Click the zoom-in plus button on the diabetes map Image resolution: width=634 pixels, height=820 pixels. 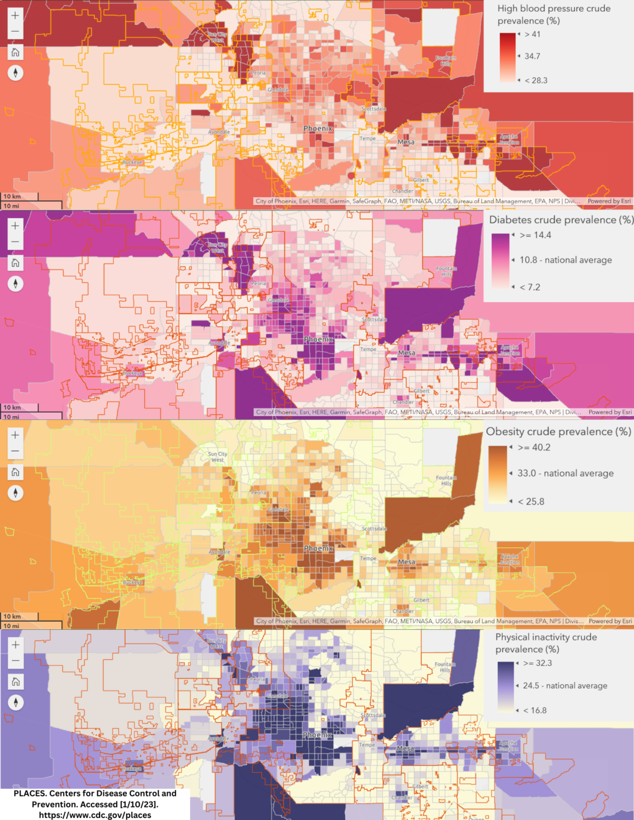coord(15,226)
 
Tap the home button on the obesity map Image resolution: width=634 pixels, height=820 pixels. coord(15,472)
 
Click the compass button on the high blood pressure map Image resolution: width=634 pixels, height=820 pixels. coord(15,73)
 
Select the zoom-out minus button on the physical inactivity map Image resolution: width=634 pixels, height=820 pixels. coord(15,660)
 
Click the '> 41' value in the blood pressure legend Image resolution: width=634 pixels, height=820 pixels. coord(532,34)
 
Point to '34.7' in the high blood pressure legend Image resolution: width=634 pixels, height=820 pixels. coord(532,56)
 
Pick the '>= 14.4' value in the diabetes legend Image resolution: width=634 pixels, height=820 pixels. coord(535,235)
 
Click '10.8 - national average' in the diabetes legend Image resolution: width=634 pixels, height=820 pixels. coord(566,260)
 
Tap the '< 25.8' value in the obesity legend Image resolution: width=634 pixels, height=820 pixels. coord(531,501)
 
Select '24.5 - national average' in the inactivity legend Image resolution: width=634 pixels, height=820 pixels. coord(565,686)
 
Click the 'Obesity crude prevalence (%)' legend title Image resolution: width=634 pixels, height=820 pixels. coord(559,431)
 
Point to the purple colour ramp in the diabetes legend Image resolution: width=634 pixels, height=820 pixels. coord(500,261)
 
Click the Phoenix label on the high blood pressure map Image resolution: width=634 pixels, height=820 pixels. coord(318,128)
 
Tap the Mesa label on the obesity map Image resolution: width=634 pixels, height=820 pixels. coord(406,562)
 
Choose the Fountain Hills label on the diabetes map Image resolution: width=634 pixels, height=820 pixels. coord(446,271)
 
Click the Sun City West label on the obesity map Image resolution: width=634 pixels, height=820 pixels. coord(218,457)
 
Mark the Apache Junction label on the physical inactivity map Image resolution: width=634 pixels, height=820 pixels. coord(508,746)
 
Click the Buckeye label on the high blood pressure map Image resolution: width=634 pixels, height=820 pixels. coord(132,162)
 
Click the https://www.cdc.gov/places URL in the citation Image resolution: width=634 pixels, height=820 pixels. coord(95,815)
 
